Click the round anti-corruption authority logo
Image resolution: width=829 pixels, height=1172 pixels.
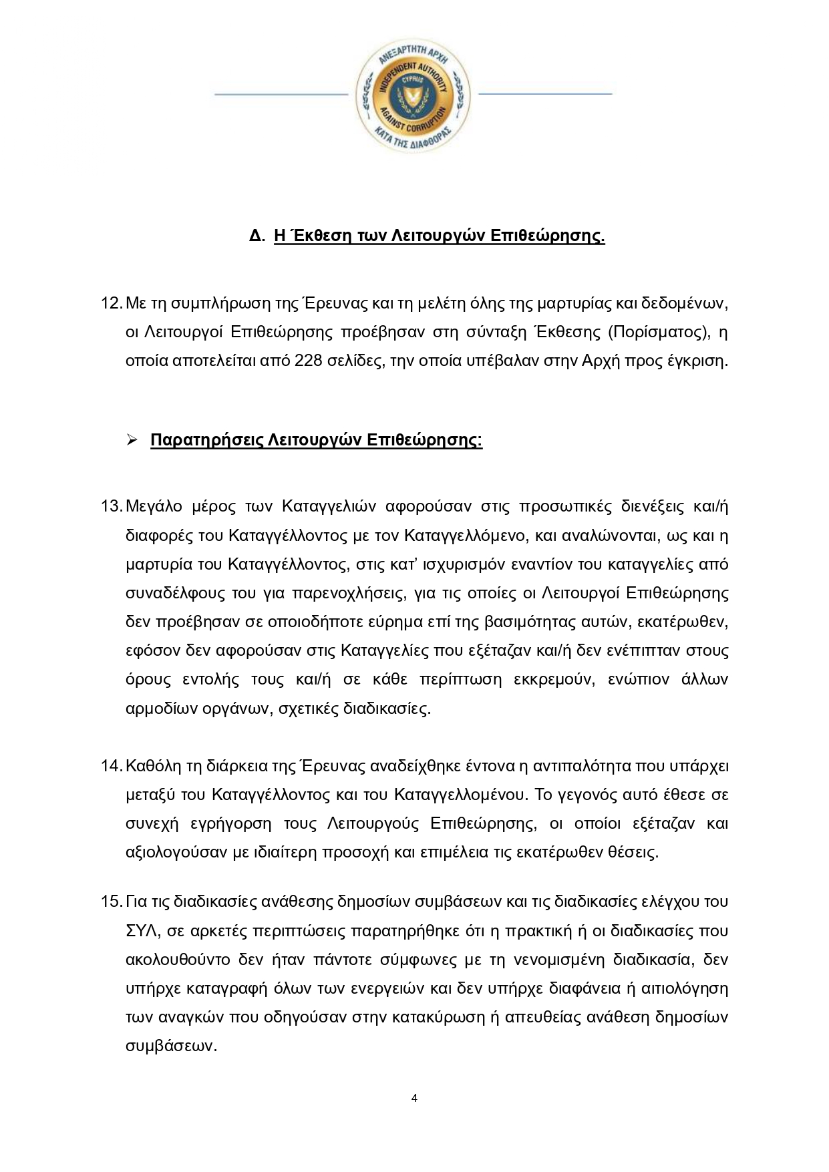pos(413,93)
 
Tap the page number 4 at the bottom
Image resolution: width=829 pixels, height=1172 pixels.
pos(414,1098)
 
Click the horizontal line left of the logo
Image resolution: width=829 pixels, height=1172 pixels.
pos(281,94)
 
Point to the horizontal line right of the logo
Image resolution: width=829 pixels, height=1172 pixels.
pos(545,93)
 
